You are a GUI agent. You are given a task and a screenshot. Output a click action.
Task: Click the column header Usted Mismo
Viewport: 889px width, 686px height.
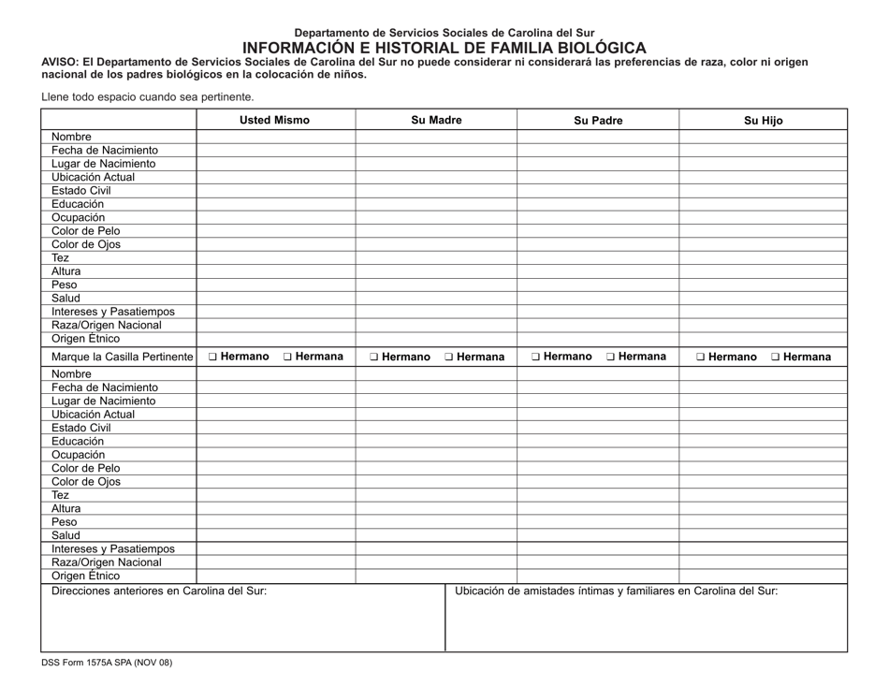274,120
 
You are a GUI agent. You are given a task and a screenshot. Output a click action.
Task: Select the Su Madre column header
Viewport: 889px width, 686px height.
436,120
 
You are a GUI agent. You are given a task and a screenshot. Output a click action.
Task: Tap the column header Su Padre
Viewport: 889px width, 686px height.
598,120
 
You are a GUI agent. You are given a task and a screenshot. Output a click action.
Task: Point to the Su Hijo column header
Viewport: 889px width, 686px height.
763,120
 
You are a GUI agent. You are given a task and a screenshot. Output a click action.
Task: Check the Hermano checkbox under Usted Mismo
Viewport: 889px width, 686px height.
214,357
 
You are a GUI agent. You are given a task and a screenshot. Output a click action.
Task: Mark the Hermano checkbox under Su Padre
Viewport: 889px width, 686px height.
537,357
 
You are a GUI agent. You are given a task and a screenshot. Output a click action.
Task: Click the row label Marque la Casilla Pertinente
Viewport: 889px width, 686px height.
122,357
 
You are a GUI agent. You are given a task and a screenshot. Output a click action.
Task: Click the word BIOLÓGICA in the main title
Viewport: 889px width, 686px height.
592,48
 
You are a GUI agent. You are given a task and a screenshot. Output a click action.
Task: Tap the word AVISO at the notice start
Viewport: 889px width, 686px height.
60,62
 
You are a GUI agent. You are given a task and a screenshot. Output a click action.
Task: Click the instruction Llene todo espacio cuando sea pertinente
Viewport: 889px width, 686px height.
147,96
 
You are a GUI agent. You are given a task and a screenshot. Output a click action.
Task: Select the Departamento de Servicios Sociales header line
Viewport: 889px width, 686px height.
444,33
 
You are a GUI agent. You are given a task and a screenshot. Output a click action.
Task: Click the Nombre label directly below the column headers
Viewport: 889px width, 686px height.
72,137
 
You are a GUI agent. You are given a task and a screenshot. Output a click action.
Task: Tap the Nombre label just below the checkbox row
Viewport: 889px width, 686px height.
72,373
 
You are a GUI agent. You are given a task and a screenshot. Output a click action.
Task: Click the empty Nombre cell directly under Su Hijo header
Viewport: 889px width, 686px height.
763,137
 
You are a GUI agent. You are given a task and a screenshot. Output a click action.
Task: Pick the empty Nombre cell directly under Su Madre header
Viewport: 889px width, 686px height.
436,137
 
